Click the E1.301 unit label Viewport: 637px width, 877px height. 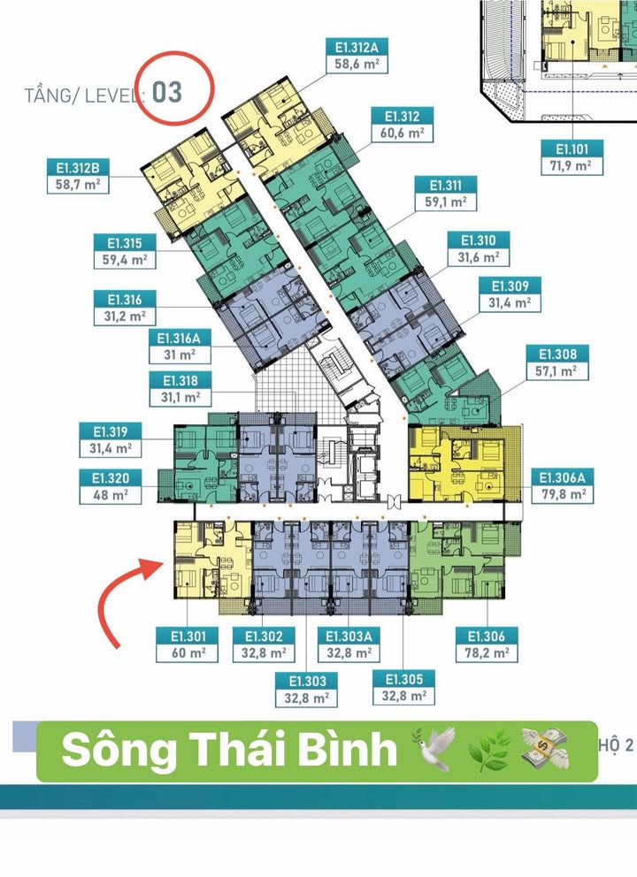[181, 637]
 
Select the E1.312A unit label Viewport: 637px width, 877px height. [356, 47]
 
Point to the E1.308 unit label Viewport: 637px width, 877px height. [556, 355]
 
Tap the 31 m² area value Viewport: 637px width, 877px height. [182, 355]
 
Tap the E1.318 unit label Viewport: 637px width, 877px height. [181, 381]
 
